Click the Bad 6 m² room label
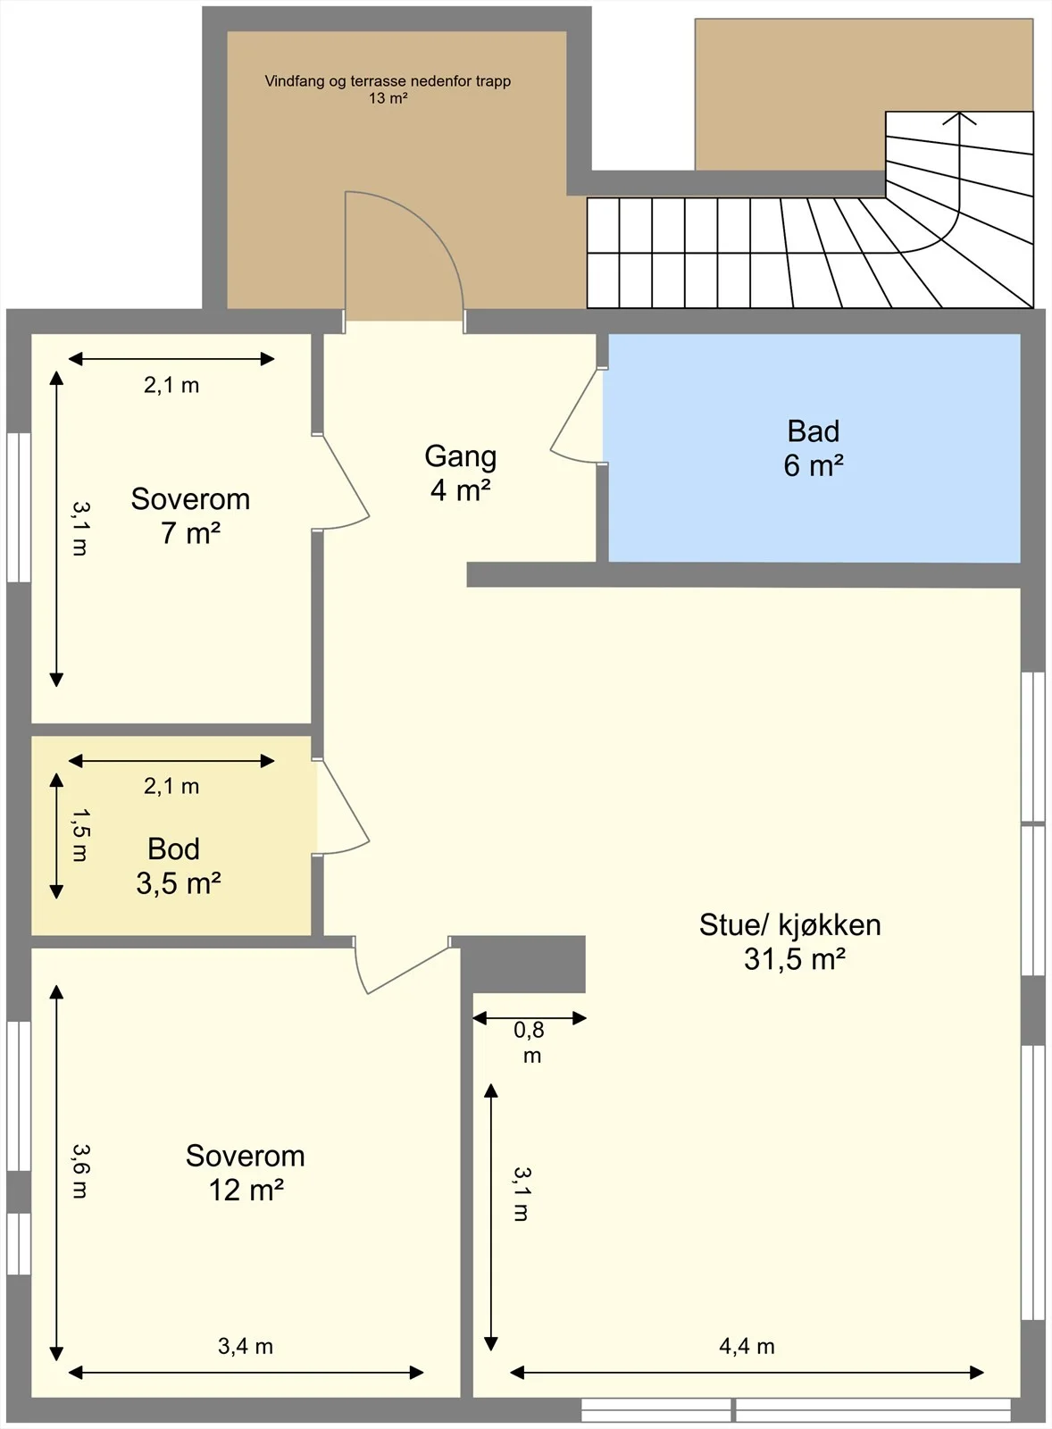814,448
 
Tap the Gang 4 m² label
460,473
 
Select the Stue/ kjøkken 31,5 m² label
789,941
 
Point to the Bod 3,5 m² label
178,865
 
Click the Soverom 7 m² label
190,516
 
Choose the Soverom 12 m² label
245,1174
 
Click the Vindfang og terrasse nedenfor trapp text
388,81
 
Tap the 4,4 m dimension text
747,1347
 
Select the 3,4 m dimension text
245,1347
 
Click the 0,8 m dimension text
530,1042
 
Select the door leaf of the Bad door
576,410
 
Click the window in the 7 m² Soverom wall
19,507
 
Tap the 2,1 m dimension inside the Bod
171,786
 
